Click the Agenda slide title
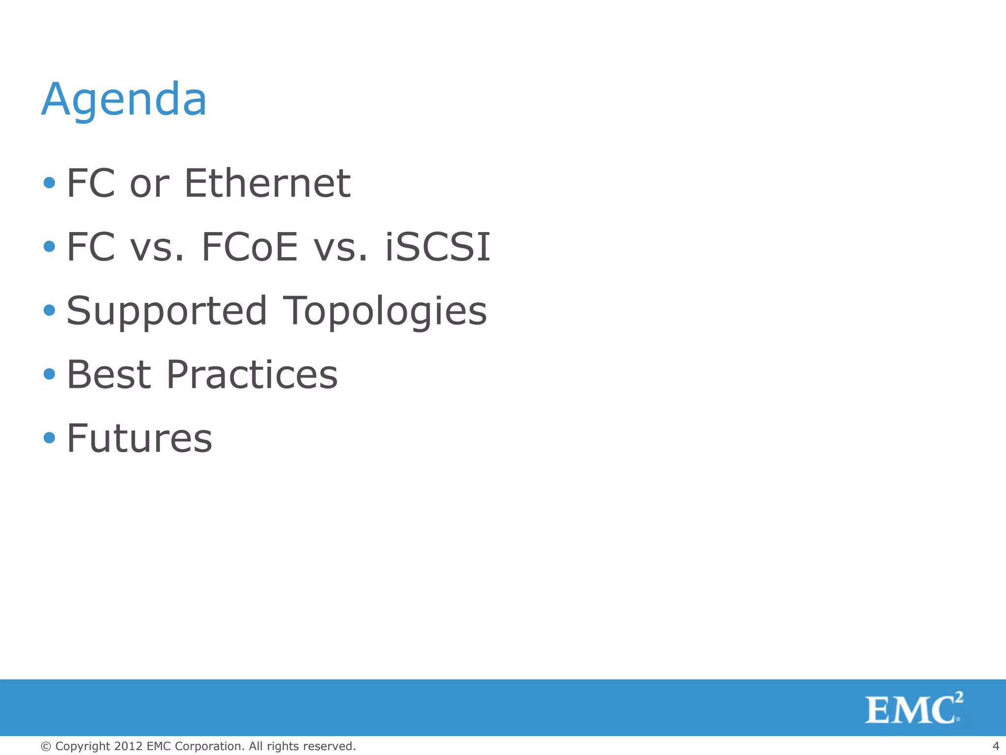tap(124, 100)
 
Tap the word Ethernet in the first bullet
tap(267, 183)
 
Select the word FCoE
tap(250, 247)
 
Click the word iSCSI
tap(437, 247)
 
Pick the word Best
tap(109, 375)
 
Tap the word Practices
tap(252, 375)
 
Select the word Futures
tap(140, 438)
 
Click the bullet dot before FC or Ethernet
tap(49, 183)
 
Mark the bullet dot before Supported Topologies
tap(49, 310)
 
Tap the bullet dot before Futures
tap(49, 437)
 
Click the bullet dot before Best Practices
tap(49, 374)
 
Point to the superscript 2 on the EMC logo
tap(958, 697)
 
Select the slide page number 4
tap(996, 746)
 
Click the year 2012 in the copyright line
tap(129, 746)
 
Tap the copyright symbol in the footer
tap(46, 747)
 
